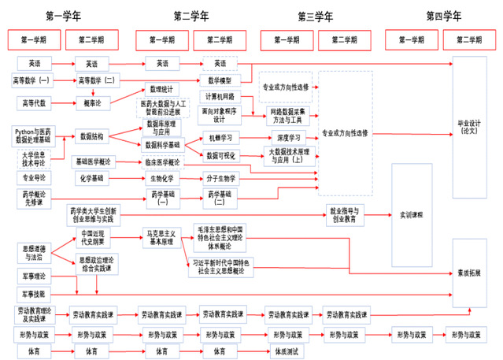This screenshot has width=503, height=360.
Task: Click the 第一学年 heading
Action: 64,14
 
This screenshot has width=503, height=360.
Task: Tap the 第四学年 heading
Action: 443,14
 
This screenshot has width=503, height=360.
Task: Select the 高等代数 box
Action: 34,102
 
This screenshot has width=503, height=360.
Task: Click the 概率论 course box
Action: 91,102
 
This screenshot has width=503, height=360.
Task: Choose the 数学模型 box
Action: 220,80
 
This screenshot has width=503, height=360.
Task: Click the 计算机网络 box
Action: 220,97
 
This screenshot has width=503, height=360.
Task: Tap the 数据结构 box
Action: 92,136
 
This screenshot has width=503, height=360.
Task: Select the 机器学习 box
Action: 220,138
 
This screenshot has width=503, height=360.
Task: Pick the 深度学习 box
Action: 289,138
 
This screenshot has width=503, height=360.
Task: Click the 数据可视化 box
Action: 220,155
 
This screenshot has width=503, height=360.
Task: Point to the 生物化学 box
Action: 161,178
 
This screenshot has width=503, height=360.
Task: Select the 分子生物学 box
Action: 221,178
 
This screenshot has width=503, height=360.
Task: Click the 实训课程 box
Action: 412,213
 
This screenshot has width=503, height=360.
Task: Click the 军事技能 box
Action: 34,293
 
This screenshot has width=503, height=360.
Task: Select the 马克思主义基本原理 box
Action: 161,237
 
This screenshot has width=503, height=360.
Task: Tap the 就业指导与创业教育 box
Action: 346,213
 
